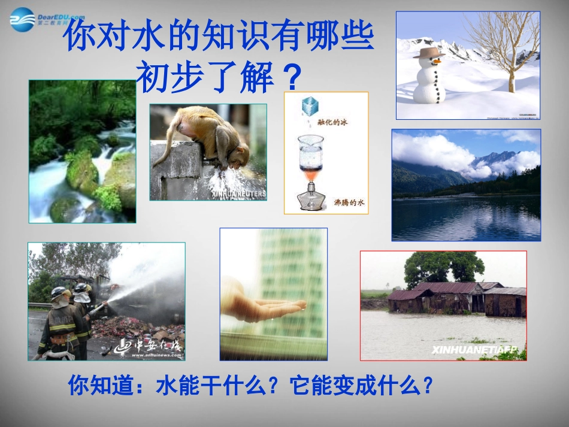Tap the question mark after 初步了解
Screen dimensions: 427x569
click(x=292, y=77)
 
